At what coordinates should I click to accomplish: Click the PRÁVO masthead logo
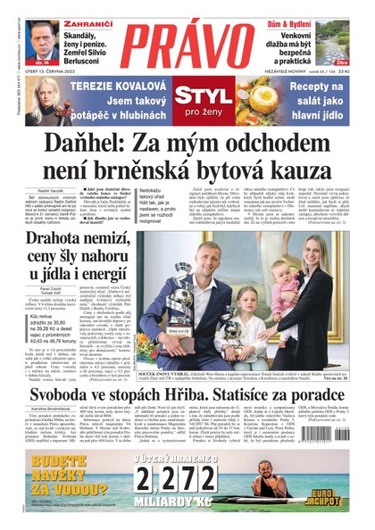click(187, 45)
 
